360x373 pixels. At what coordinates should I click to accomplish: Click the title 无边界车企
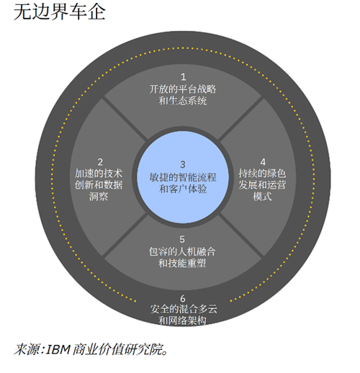[x=60, y=12]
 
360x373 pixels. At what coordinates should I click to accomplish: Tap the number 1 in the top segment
[x=184, y=77]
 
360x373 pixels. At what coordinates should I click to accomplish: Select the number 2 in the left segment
[x=100, y=162]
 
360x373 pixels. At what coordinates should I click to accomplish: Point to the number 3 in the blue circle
[x=183, y=164]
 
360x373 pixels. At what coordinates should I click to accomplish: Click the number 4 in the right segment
[x=263, y=162]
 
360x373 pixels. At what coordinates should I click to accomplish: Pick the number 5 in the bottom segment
[x=182, y=239]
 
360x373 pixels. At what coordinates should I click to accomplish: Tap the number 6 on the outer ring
[x=183, y=299]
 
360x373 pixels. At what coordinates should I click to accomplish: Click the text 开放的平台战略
[x=183, y=89]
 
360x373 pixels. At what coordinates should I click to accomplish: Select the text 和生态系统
[x=183, y=101]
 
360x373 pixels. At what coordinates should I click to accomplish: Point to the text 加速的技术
[x=99, y=174]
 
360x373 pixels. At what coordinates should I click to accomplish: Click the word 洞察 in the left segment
[x=99, y=197]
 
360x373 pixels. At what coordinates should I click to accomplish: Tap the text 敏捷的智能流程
[x=183, y=177]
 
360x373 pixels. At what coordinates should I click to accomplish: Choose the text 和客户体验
[x=183, y=189]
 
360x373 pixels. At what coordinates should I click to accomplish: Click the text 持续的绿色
[x=262, y=174]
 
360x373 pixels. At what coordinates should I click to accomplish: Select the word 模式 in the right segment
[x=262, y=197]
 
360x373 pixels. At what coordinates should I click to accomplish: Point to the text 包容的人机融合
[x=182, y=252]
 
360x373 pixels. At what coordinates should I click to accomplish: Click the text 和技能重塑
[x=182, y=264]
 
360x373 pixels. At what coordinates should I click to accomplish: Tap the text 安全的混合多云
[x=184, y=309]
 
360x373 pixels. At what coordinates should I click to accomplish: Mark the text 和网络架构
[x=183, y=320]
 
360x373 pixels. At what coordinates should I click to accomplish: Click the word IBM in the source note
[x=58, y=349]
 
